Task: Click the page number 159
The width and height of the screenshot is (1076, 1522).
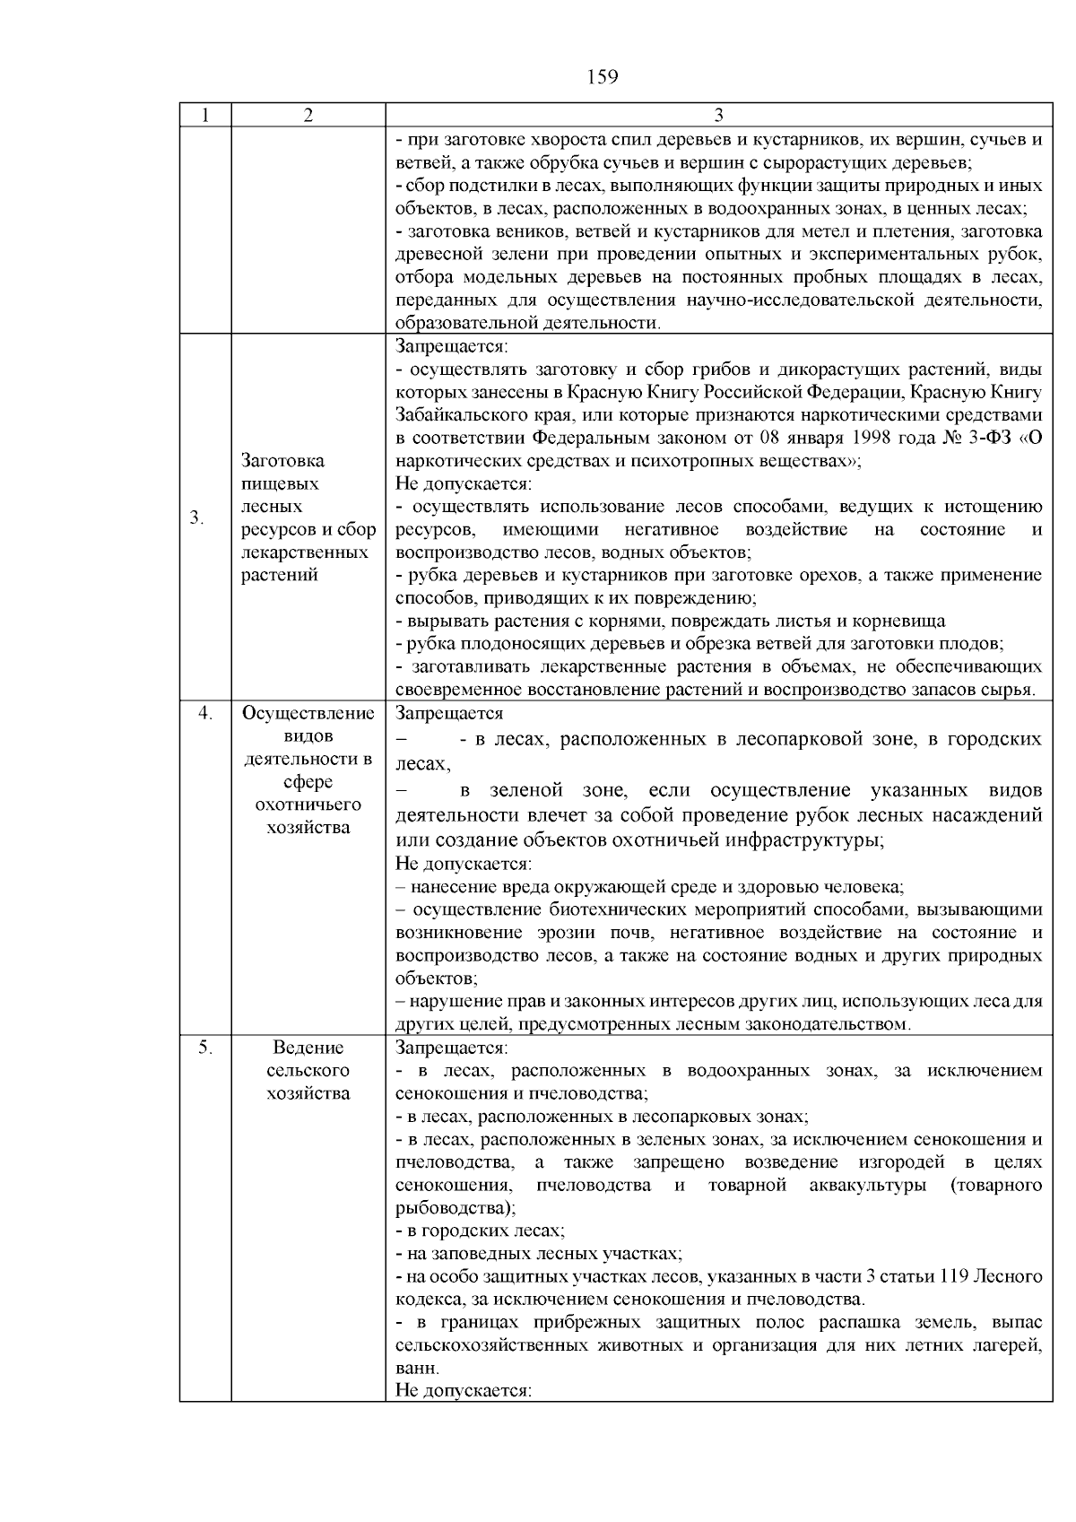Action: [x=603, y=77]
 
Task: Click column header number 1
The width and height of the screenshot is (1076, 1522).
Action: [x=205, y=115]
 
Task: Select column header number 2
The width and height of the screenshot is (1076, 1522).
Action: [x=308, y=115]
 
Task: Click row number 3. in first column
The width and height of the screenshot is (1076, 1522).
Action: [x=196, y=518]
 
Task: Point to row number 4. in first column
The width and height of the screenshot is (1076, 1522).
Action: [x=205, y=713]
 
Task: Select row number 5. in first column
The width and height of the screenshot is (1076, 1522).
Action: [x=205, y=1048]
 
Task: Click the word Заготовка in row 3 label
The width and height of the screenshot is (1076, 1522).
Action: [x=283, y=461]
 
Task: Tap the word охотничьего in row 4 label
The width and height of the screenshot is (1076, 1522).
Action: [x=308, y=804]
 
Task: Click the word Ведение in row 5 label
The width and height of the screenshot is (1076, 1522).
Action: [x=308, y=1048]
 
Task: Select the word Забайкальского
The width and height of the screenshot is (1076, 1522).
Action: [x=452, y=415]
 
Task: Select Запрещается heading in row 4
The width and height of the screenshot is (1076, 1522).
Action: [x=449, y=713]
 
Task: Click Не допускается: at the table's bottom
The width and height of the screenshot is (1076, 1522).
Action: [x=464, y=1391]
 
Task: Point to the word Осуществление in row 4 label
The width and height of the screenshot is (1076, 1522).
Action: [x=308, y=713]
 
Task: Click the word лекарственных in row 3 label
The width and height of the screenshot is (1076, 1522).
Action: [x=305, y=552]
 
